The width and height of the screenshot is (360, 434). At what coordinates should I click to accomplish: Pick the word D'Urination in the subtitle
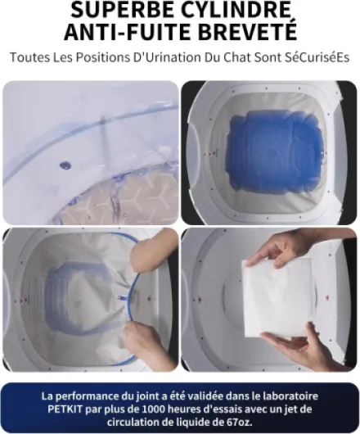coord(167,57)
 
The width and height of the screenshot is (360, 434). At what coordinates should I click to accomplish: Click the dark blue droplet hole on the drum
coord(65,165)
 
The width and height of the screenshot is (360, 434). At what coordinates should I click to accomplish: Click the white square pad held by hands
coord(277,298)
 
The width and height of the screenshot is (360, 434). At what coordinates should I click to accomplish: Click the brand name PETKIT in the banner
coord(65,409)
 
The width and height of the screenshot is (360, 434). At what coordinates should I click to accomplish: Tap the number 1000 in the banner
coord(156,409)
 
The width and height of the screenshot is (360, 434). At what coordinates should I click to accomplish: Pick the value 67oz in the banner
coord(237,422)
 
